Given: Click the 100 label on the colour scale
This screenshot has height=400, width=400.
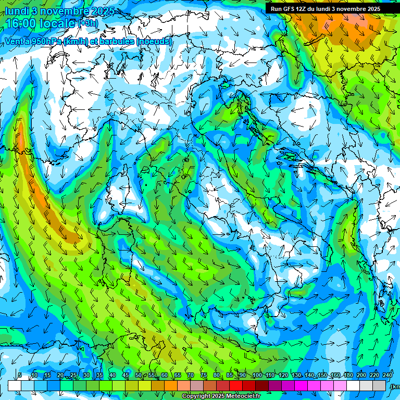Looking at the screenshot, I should point(257,376).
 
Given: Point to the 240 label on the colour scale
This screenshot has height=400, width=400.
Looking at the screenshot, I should point(387,376).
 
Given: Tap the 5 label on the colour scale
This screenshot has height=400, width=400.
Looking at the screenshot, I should point(20,376).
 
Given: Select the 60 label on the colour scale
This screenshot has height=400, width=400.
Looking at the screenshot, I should point(165,376).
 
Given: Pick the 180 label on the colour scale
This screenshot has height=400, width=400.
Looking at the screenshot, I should point(348,376).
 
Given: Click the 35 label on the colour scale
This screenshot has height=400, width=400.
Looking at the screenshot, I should point(99,376).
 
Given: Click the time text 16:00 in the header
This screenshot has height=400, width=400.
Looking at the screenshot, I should point(24,23).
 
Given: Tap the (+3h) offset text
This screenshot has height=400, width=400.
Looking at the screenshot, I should point(88,23).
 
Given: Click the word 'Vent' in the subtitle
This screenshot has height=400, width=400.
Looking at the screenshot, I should point(14,41).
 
